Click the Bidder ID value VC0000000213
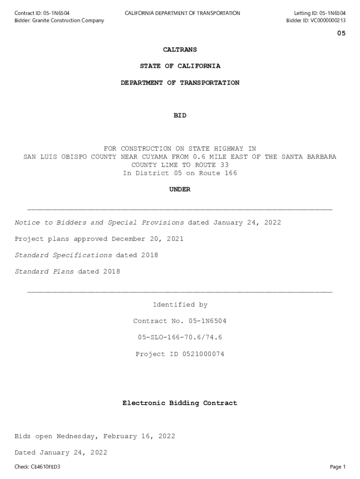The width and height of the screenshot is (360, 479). (x=327, y=21)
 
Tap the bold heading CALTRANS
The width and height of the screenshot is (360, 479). (x=180, y=50)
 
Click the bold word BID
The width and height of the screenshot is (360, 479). (x=180, y=116)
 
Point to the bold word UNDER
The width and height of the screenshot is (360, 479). (x=180, y=189)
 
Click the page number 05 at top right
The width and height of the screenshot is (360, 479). (x=341, y=33)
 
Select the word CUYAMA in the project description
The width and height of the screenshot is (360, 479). (x=153, y=157)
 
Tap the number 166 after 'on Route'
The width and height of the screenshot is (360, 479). (x=230, y=173)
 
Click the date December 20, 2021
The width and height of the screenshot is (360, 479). (x=148, y=239)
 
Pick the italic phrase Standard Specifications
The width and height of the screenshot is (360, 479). (x=63, y=255)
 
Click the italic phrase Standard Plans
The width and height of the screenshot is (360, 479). (x=44, y=272)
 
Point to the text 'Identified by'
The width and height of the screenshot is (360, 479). (x=180, y=305)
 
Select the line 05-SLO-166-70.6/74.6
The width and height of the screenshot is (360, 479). (x=180, y=337)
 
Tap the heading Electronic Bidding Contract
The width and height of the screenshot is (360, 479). (x=180, y=403)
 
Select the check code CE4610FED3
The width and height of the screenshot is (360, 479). (x=46, y=467)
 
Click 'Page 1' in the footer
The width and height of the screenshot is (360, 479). (x=338, y=467)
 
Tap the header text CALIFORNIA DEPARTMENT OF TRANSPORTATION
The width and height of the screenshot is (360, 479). (x=182, y=13)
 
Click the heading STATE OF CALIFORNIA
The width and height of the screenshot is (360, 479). (x=180, y=66)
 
